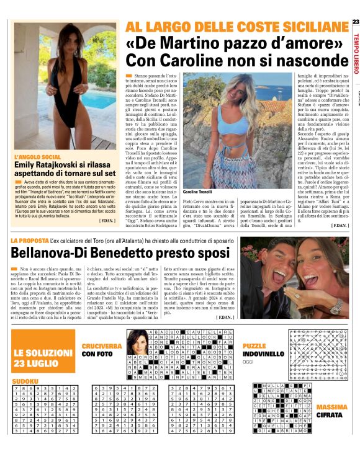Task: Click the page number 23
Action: click(x=355, y=23)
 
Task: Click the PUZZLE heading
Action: click(x=254, y=346)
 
